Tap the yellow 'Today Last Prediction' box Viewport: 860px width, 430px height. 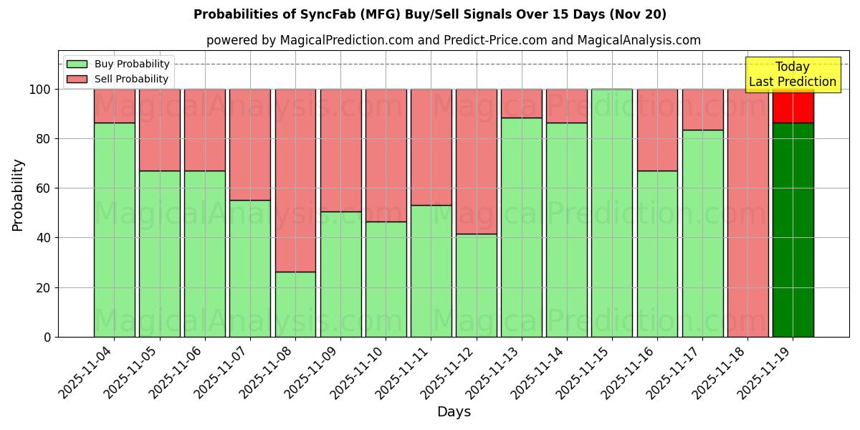(x=793, y=75)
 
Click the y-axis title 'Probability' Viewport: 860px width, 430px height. (x=18, y=195)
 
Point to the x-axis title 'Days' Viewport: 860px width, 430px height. (x=454, y=412)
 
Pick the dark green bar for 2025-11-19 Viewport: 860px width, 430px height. (x=793, y=229)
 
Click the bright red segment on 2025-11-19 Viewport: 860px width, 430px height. (x=793, y=106)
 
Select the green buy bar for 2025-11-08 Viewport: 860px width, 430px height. (x=295, y=304)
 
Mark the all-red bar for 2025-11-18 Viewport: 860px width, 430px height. (x=747, y=213)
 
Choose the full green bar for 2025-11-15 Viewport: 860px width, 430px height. (x=612, y=213)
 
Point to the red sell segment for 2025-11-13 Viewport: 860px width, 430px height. (x=522, y=103)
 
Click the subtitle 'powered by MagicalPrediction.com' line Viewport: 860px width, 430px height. (x=454, y=40)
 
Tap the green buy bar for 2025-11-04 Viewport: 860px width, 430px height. (x=115, y=229)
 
